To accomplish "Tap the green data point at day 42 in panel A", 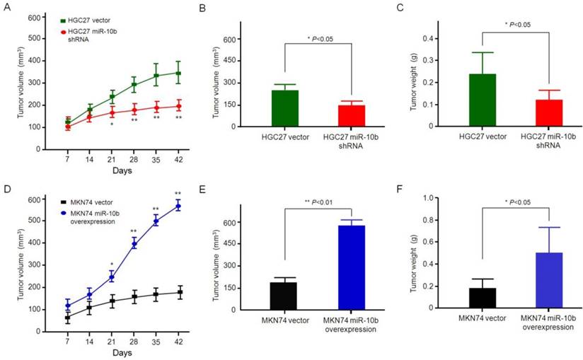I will tap(178, 73).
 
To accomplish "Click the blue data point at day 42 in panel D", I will tap(178, 206).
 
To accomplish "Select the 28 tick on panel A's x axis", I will tap(133, 159).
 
